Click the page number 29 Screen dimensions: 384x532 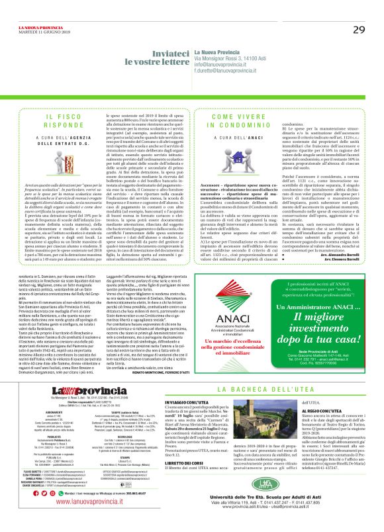[358, 29]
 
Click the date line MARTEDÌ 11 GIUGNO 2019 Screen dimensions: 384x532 [40, 13]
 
